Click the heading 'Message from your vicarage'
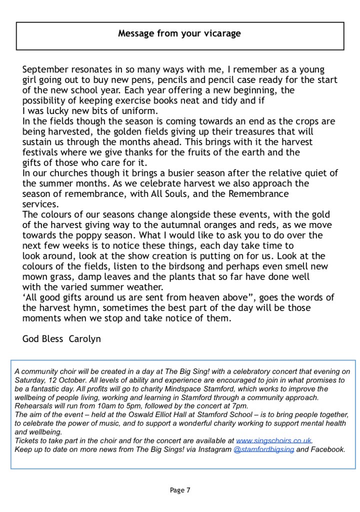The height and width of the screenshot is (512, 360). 179,34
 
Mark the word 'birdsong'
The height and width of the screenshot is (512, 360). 192,266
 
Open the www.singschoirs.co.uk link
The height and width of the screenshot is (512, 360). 273,441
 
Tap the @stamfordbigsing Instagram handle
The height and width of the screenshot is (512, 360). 263,449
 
